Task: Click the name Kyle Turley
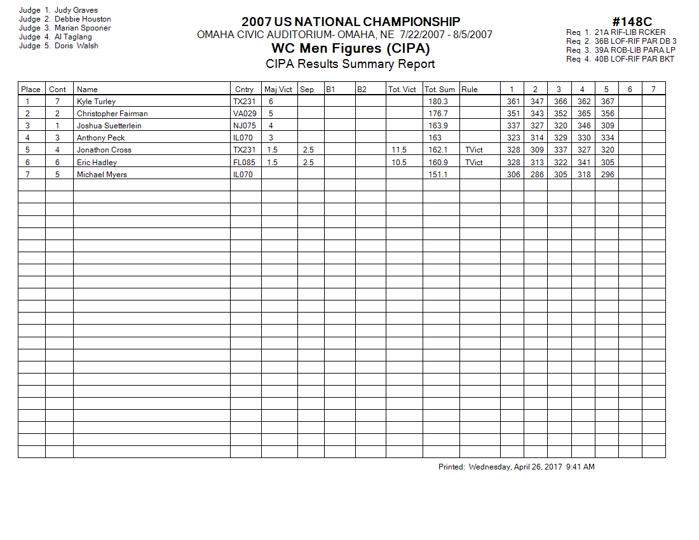point(96,102)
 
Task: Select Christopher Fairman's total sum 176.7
point(438,114)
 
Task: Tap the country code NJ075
point(245,126)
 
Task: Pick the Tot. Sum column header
point(440,90)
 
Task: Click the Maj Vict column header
point(278,90)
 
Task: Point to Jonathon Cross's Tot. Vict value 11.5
point(399,150)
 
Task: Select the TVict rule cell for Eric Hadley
point(473,163)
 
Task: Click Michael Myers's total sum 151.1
point(438,175)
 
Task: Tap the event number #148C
point(632,22)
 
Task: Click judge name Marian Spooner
point(83,28)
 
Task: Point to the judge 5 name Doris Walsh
point(76,46)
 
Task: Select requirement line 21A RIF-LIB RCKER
point(630,32)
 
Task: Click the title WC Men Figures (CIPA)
point(350,48)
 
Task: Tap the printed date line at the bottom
point(516,467)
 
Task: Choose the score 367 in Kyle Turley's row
point(607,102)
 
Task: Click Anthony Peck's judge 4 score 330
point(583,138)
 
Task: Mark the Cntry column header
point(244,90)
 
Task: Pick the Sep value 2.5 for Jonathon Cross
point(308,150)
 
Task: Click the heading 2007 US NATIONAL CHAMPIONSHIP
point(351,22)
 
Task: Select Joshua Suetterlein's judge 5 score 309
point(607,126)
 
